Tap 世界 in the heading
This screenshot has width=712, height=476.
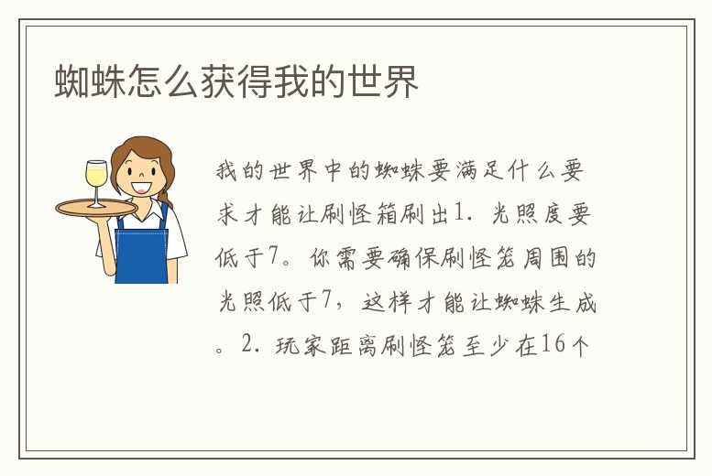tap(389, 82)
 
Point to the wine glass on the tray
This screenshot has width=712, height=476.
tap(94, 181)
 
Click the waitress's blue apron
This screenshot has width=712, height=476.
tap(141, 252)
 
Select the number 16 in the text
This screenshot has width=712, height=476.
tap(554, 344)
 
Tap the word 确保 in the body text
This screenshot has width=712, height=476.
tap(392, 258)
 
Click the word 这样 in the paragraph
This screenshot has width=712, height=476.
tap(392, 301)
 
